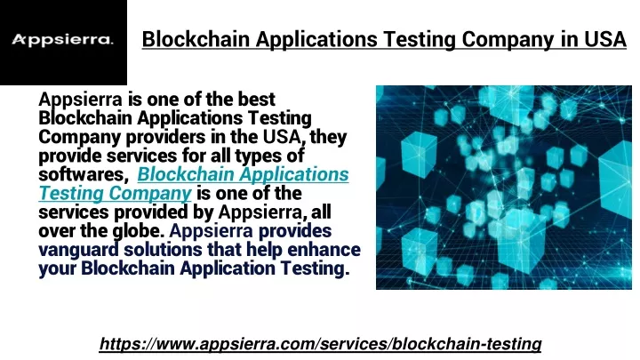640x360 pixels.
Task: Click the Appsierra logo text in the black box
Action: [x=62, y=40]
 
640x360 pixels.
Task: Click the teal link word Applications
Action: [x=294, y=175]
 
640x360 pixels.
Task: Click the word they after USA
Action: [x=328, y=137]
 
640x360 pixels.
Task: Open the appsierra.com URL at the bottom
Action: [x=320, y=344]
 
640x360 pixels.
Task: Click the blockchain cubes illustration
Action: [x=504, y=188]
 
